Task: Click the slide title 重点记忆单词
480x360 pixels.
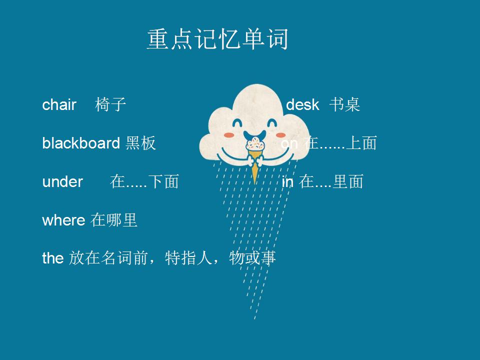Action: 217,39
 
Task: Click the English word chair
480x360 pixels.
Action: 59,104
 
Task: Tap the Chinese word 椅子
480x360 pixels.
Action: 110,104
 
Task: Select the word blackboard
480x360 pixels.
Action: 81,143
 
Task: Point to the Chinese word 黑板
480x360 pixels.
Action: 140,143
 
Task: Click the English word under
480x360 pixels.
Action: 62,181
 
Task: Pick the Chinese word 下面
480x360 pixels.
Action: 163,181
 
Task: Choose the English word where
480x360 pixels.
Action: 63,220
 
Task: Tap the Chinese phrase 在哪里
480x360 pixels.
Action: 114,220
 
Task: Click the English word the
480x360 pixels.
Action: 53,258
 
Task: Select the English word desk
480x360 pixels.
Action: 302,104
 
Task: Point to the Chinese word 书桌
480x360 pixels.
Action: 344,104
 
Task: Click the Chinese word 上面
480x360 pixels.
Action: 361,143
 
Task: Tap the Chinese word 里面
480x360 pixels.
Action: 348,181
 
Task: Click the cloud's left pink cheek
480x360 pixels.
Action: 229,135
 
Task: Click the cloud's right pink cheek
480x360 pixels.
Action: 280,135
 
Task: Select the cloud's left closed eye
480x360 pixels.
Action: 237,123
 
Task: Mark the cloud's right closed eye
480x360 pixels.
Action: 272,123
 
